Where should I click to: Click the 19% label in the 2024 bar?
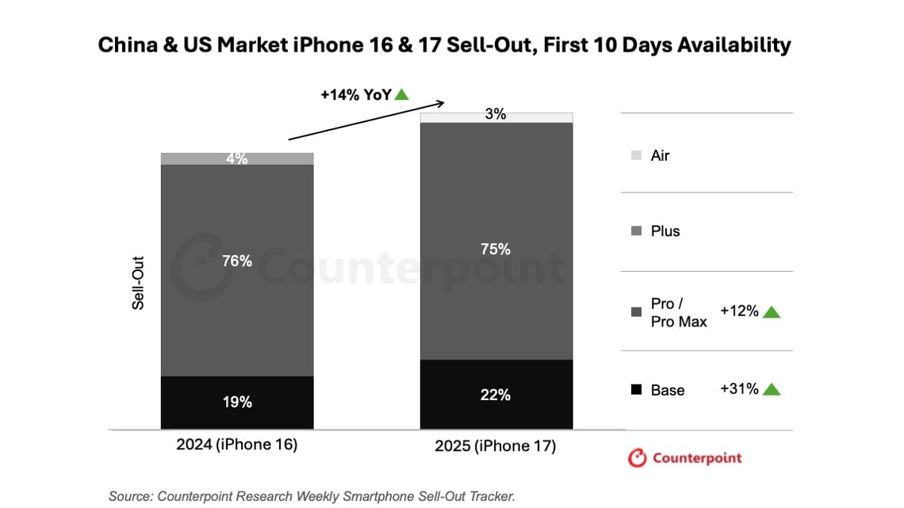pos(237,402)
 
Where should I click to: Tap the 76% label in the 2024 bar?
pos(237,261)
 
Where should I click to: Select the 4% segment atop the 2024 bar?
pos(237,159)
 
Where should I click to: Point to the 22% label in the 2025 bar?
pos(496,395)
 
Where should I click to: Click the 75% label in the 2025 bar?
pos(496,249)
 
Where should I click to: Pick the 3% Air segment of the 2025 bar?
pos(496,115)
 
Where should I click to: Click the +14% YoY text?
pos(355,94)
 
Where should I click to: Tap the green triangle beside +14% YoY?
pos(401,94)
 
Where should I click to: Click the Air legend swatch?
pos(636,156)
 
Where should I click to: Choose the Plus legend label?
pos(665,231)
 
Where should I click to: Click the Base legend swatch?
pos(636,390)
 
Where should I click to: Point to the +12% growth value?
pos(739,311)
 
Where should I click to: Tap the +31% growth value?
pos(739,389)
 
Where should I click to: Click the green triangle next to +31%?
pos(772,390)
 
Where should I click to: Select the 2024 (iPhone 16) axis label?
pos(236,445)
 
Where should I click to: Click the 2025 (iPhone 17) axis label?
pos(495,446)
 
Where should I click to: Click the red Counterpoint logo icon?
pos(637,458)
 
